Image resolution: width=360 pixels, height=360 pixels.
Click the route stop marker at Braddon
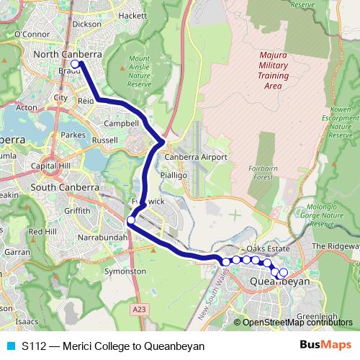click(x=75, y=64)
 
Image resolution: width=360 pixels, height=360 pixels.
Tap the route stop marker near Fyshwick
click(x=131, y=220)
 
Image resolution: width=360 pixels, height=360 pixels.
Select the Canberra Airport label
click(x=196, y=157)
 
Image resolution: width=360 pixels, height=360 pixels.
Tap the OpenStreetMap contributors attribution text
click(x=297, y=323)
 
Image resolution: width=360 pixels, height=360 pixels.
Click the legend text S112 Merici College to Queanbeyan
click(x=113, y=346)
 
